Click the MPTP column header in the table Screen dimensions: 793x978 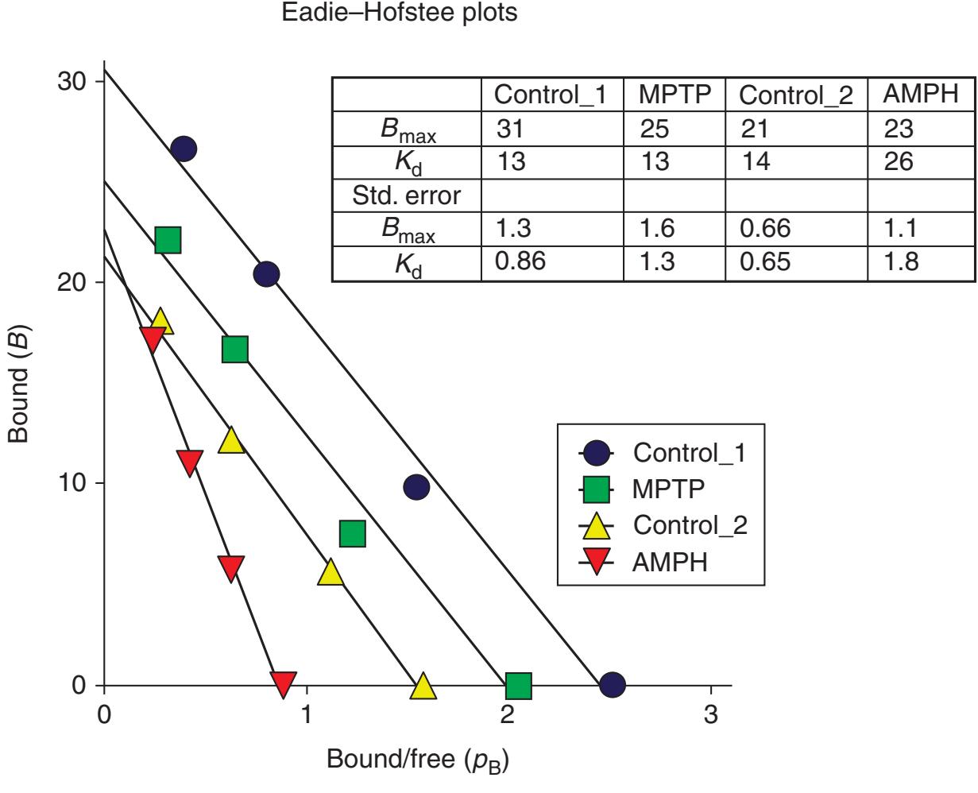pos(675,95)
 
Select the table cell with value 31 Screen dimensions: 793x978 pos(508,129)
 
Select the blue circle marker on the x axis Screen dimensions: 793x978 pos(612,684)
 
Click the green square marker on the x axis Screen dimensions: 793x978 pos(518,684)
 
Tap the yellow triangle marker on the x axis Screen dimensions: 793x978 pos(423,686)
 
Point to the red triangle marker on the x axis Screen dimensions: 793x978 pos(284,683)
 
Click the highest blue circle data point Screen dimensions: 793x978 pos(184,149)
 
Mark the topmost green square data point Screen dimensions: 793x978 pos(168,239)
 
